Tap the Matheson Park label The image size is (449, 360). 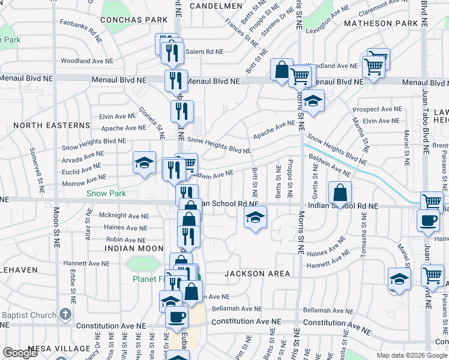click(x=381, y=23)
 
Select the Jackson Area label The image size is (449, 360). click(x=257, y=274)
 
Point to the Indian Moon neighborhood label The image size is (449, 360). click(x=134, y=248)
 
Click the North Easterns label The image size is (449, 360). click(x=51, y=125)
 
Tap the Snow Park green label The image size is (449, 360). click(x=106, y=193)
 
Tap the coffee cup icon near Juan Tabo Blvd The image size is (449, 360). click(x=428, y=220)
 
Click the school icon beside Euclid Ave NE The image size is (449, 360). click(x=144, y=162)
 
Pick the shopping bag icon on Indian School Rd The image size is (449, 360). click(x=340, y=193)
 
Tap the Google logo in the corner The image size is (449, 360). click(x=20, y=353)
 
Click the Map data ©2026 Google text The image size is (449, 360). click(x=411, y=355)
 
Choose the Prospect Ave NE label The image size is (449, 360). click(x=378, y=109)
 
